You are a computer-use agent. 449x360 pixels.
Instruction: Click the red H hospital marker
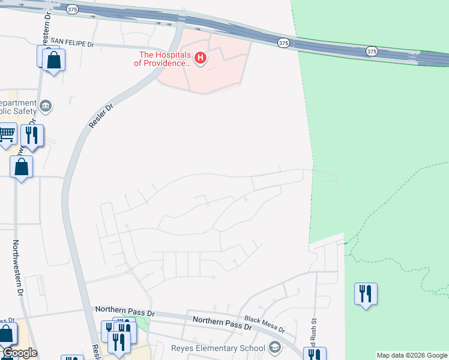pyautogui.click(x=201, y=58)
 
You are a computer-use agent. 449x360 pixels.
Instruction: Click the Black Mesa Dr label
pyautogui.click(x=265, y=326)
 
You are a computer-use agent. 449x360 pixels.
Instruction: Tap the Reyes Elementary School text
pyautogui.click(x=218, y=348)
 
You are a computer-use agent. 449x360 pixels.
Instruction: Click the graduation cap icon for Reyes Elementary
pyautogui.click(x=274, y=348)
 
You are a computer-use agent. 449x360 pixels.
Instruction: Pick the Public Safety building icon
pyautogui.click(x=46, y=107)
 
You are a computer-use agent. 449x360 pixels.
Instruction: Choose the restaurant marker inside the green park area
pyautogui.click(x=366, y=293)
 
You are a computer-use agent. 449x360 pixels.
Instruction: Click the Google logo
pyautogui.click(x=20, y=353)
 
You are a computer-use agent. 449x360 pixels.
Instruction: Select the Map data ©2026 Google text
pyautogui.click(x=411, y=355)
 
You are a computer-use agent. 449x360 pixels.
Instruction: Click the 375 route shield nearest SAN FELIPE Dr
pyautogui.click(x=72, y=10)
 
